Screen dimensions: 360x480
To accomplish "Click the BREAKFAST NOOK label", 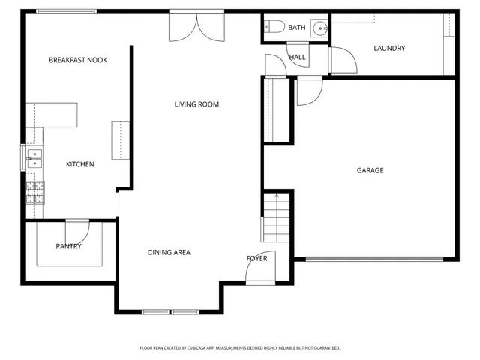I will pyautogui.click(x=78, y=60).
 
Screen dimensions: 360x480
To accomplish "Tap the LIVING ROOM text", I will pyautogui.click(x=196, y=104).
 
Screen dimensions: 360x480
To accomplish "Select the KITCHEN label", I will pyautogui.click(x=80, y=164).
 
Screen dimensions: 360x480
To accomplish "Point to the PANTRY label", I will pyautogui.click(x=68, y=246).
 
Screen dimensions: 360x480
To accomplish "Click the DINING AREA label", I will pyautogui.click(x=169, y=252).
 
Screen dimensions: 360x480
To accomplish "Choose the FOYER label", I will pyautogui.click(x=257, y=259).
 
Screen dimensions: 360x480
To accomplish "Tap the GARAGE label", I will pyautogui.click(x=370, y=170).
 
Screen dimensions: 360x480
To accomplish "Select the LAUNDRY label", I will pyautogui.click(x=389, y=49).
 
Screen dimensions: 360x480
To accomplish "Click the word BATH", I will pyautogui.click(x=297, y=28).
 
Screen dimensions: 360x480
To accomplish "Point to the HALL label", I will pyautogui.click(x=297, y=57).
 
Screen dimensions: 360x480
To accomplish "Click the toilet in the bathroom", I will pyautogui.click(x=274, y=28).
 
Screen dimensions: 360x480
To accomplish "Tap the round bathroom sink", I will pyautogui.click(x=320, y=28).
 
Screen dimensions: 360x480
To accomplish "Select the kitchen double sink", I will pyautogui.click(x=34, y=158).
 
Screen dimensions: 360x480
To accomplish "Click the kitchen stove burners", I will pyautogui.click(x=35, y=193).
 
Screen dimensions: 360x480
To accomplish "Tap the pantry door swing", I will pyautogui.click(x=79, y=231).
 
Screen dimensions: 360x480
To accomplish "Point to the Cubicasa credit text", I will pyautogui.click(x=240, y=348).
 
